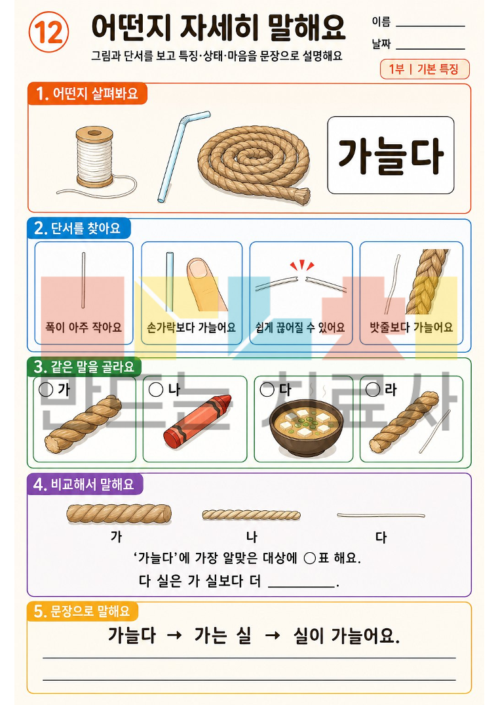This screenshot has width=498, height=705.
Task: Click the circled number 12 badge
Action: (48, 32)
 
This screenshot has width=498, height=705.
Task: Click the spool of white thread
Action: (94, 157)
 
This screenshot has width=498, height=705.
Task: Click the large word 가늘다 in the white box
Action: (391, 155)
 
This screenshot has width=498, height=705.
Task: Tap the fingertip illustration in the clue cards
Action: (206, 284)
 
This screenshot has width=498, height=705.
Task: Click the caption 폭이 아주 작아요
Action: (83, 327)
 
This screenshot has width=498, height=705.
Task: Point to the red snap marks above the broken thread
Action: (302, 265)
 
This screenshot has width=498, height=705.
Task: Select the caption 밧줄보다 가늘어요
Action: (411, 327)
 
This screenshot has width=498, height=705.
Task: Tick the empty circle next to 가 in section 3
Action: (46, 390)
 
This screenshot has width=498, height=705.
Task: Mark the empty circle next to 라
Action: (373, 390)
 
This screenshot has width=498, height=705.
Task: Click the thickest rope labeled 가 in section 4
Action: (119, 514)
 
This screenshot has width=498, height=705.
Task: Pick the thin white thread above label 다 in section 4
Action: (381, 515)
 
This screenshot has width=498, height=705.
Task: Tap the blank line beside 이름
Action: (431, 26)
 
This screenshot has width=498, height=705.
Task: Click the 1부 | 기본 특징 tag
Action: (425, 70)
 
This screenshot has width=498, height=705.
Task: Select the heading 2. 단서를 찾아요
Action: (79, 228)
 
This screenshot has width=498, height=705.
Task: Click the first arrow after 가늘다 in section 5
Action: (174, 635)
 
